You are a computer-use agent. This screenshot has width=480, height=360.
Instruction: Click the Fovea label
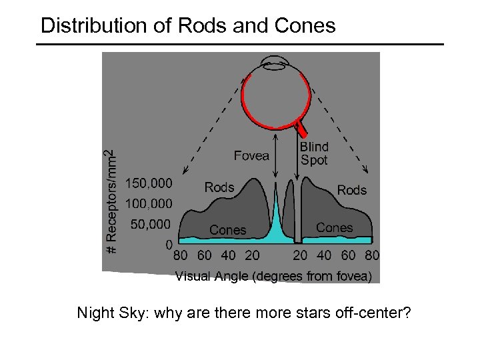tap(251, 155)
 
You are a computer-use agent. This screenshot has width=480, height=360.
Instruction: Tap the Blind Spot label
tap(314, 153)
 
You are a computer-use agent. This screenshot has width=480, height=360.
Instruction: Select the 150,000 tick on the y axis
tap(149, 183)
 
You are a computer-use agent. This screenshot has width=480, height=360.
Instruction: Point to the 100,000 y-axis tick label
tap(149, 203)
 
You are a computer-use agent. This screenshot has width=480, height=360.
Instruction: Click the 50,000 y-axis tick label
tap(151, 224)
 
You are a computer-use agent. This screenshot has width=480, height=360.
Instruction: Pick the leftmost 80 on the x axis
tap(180, 255)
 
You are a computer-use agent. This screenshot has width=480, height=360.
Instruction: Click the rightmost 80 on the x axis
tap(372, 255)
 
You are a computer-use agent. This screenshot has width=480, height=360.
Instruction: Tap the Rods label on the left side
tap(219, 187)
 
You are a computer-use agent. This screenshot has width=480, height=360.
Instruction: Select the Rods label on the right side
tap(351, 190)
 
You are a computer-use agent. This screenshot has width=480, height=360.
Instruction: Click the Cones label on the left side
tap(227, 230)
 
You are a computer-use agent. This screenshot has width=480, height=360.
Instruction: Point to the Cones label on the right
tap(334, 227)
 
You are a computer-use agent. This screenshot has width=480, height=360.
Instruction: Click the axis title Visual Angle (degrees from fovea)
tap(273, 276)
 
